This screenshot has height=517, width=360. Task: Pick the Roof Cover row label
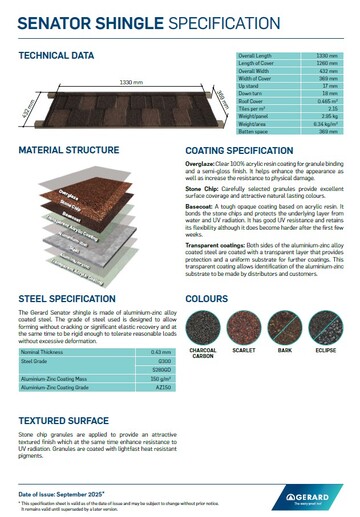click(x=251, y=102)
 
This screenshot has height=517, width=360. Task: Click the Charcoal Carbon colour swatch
click(x=203, y=326)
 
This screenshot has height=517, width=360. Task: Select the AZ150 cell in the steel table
click(x=156, y=386)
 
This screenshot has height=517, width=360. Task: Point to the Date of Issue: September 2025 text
click(x=63, y=494)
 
